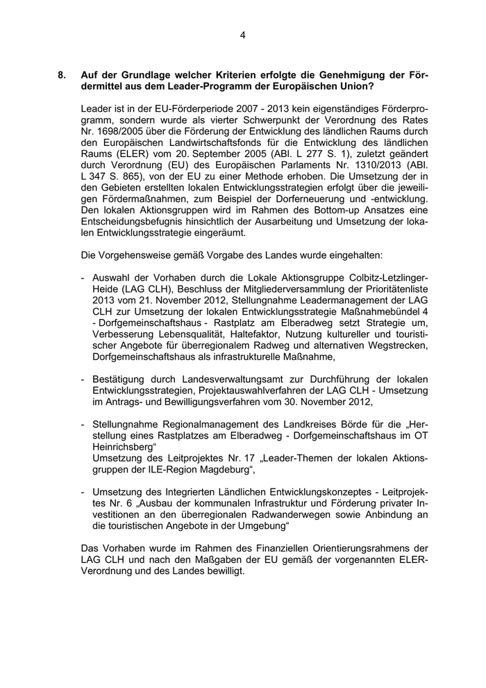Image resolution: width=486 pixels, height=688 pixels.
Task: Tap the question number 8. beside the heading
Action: coord(63,75)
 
